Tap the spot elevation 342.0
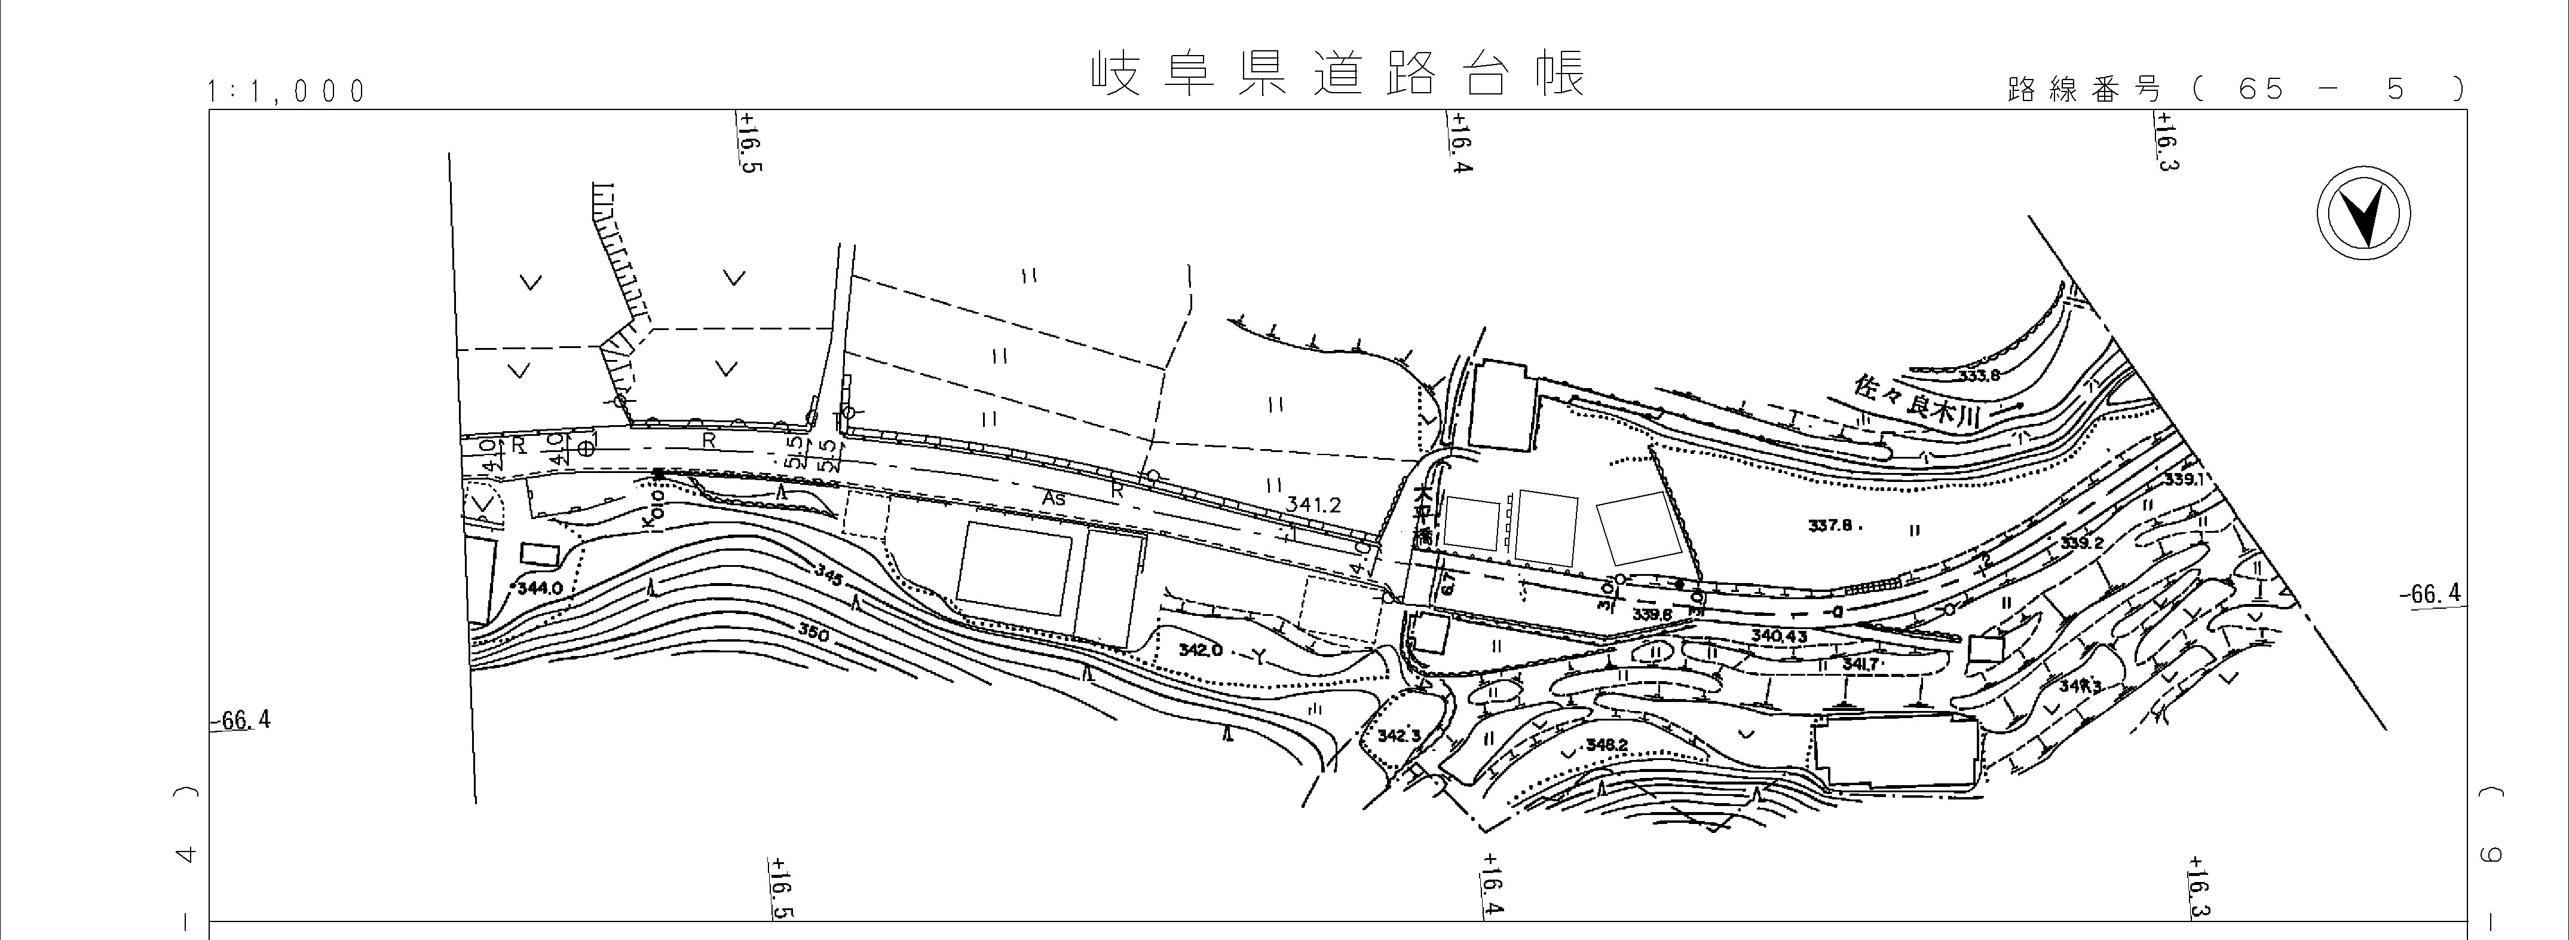(1200, 649)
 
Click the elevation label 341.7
(1861, 664)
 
